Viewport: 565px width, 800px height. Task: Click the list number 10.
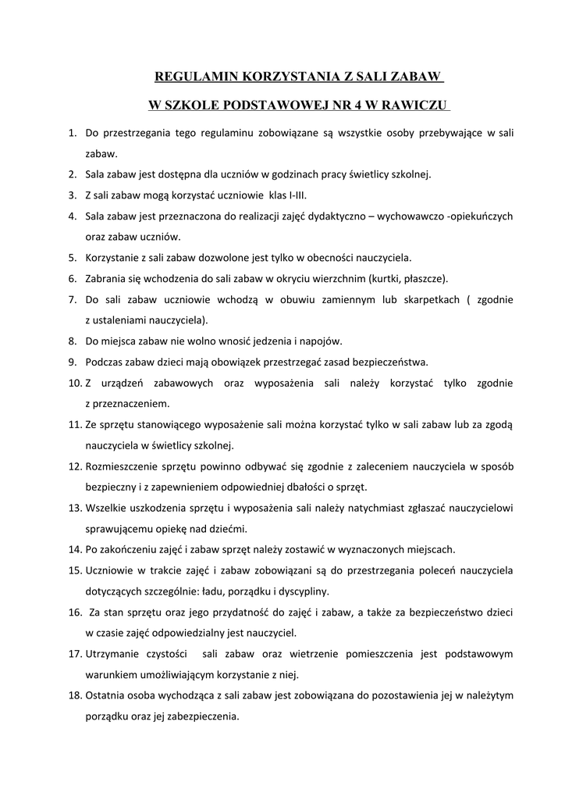pos(74,384)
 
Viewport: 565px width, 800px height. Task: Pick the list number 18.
pos(74,695)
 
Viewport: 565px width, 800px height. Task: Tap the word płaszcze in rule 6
pos(422,278)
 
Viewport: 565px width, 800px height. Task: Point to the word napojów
pos(321,341)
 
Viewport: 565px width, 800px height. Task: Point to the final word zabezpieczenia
pos(201,716)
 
